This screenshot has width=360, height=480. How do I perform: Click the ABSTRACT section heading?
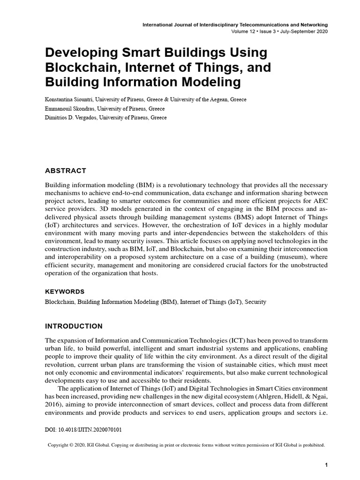click(x=65, y=170)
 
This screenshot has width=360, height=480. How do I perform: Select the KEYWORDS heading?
click(x=65, y=291)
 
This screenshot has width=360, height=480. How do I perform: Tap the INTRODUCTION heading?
click(x=74, y=326)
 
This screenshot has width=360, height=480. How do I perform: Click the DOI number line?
click(x=84, y=428)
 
